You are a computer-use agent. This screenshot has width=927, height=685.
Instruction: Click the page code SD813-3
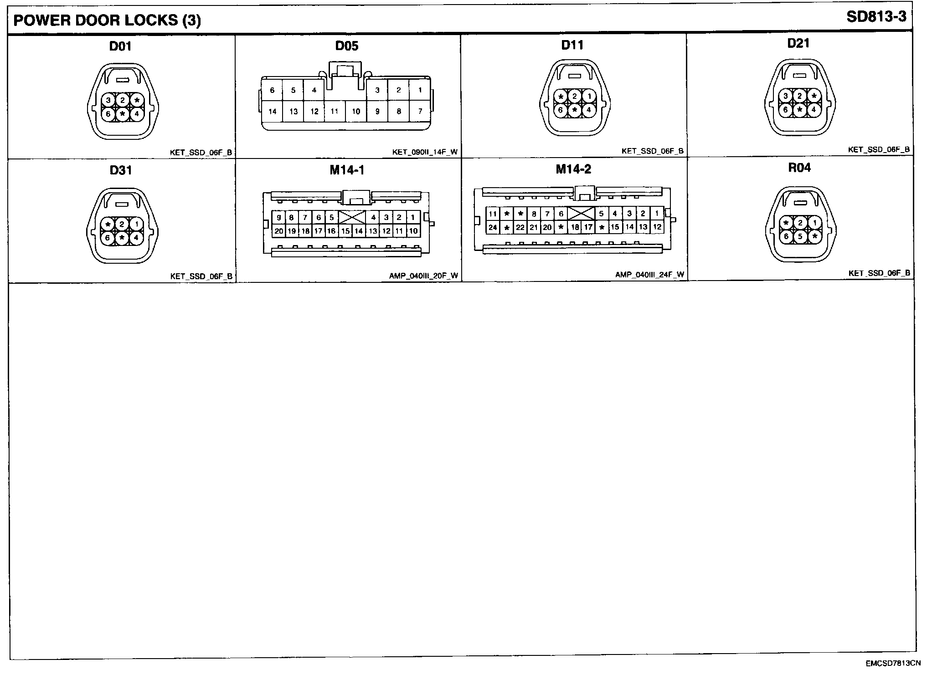876,17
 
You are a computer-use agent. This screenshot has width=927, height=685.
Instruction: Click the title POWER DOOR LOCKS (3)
107,20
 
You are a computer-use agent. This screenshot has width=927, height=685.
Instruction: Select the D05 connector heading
346,46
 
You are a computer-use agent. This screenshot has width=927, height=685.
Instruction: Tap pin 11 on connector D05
335,111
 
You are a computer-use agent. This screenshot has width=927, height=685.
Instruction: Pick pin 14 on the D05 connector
272,111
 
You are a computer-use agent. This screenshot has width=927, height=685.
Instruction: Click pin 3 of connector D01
108,100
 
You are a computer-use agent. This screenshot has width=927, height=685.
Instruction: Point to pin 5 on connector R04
800,237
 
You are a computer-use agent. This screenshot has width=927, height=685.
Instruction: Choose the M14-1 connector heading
347,170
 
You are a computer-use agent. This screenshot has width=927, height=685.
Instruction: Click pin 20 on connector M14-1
278,231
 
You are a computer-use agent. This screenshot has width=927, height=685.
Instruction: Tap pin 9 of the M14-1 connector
278,218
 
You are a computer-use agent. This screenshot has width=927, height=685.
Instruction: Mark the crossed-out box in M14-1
352,217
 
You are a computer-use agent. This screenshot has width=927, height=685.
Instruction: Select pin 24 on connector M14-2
493,227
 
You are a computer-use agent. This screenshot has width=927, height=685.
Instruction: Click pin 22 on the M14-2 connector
520,227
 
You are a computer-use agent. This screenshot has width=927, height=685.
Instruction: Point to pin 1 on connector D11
589,96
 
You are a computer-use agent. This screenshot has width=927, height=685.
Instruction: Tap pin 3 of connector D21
785,96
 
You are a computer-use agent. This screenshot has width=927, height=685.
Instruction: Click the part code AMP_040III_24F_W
649,275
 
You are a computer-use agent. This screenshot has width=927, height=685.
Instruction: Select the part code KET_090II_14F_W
425,152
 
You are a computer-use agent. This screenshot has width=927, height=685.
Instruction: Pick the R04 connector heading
799,168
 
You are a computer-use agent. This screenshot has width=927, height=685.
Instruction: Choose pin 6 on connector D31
108,238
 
